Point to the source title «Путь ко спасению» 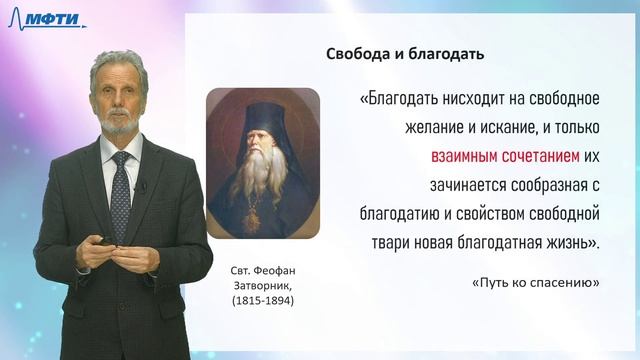[x=534, y=283]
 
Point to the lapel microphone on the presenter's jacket [x=143, y=186]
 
